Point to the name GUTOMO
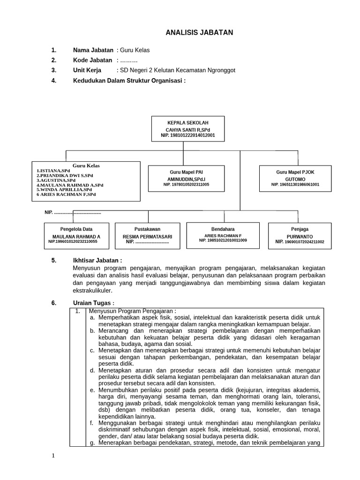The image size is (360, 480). (295, 179)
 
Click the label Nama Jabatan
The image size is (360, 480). (93, 50)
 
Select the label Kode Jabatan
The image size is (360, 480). (92, 60)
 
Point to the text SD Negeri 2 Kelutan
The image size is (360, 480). (150, 70)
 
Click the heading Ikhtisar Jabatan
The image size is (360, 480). (97, 260)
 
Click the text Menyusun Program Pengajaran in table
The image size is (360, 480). (132, 311)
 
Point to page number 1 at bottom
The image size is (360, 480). (53, 456)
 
